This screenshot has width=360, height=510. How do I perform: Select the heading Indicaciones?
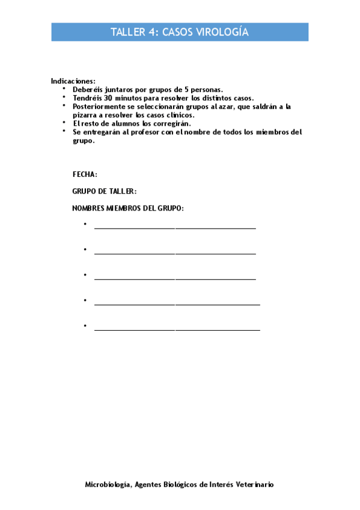[x=73, y=81]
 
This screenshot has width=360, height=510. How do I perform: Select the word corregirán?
[x=171, y=123]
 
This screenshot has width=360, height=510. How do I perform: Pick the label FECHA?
[x=85, y=174]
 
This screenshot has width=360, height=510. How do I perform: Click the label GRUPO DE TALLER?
[x=104, y=191]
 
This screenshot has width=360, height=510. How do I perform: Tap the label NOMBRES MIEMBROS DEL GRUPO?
[x=128, y=208]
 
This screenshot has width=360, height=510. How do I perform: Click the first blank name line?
[x=175, y=228]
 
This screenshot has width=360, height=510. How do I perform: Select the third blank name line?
[x=175, y=279]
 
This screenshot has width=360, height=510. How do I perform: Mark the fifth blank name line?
[x=177, y=330]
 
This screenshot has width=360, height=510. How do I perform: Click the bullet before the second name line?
[x=86, y=249]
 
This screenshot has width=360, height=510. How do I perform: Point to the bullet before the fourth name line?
[x=86, y=300]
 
